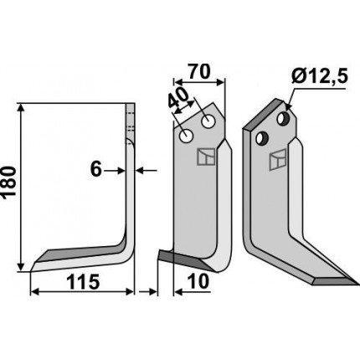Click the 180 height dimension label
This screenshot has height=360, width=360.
pyautogui.click(x=8, y=183)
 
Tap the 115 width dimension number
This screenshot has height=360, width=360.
pyautogui.click(x=84, y=282)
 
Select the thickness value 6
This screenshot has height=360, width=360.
pyautogui.click(x=96, y=170)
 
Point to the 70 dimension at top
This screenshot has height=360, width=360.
pyautogui.click(x=198, y=72)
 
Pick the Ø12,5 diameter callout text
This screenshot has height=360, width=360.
pyautogui.click(x=319, y=76)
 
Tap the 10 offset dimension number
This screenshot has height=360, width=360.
pyautogui.click(x=198, y=281)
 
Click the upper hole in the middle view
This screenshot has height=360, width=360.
pyautogui.click(x=208, y=121)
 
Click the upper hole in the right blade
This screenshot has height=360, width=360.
pyautogui.click(x=284, y=118)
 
